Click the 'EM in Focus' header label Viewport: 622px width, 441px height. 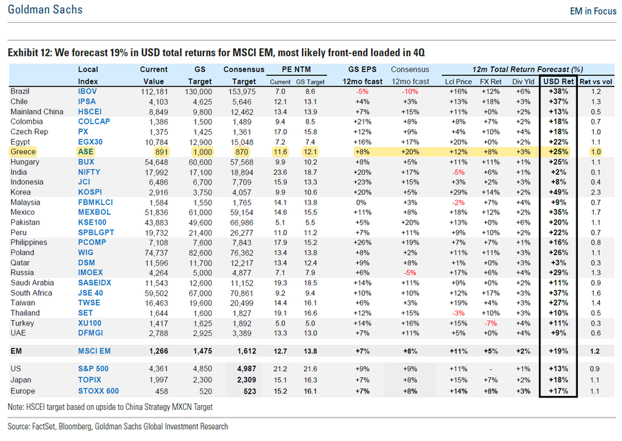592,10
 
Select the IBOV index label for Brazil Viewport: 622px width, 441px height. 88,91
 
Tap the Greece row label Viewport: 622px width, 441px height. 23,151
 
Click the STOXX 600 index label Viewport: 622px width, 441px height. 97,391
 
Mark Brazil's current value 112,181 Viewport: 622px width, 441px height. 154,91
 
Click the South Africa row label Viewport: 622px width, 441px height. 30,292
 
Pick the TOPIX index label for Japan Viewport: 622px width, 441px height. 90,380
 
